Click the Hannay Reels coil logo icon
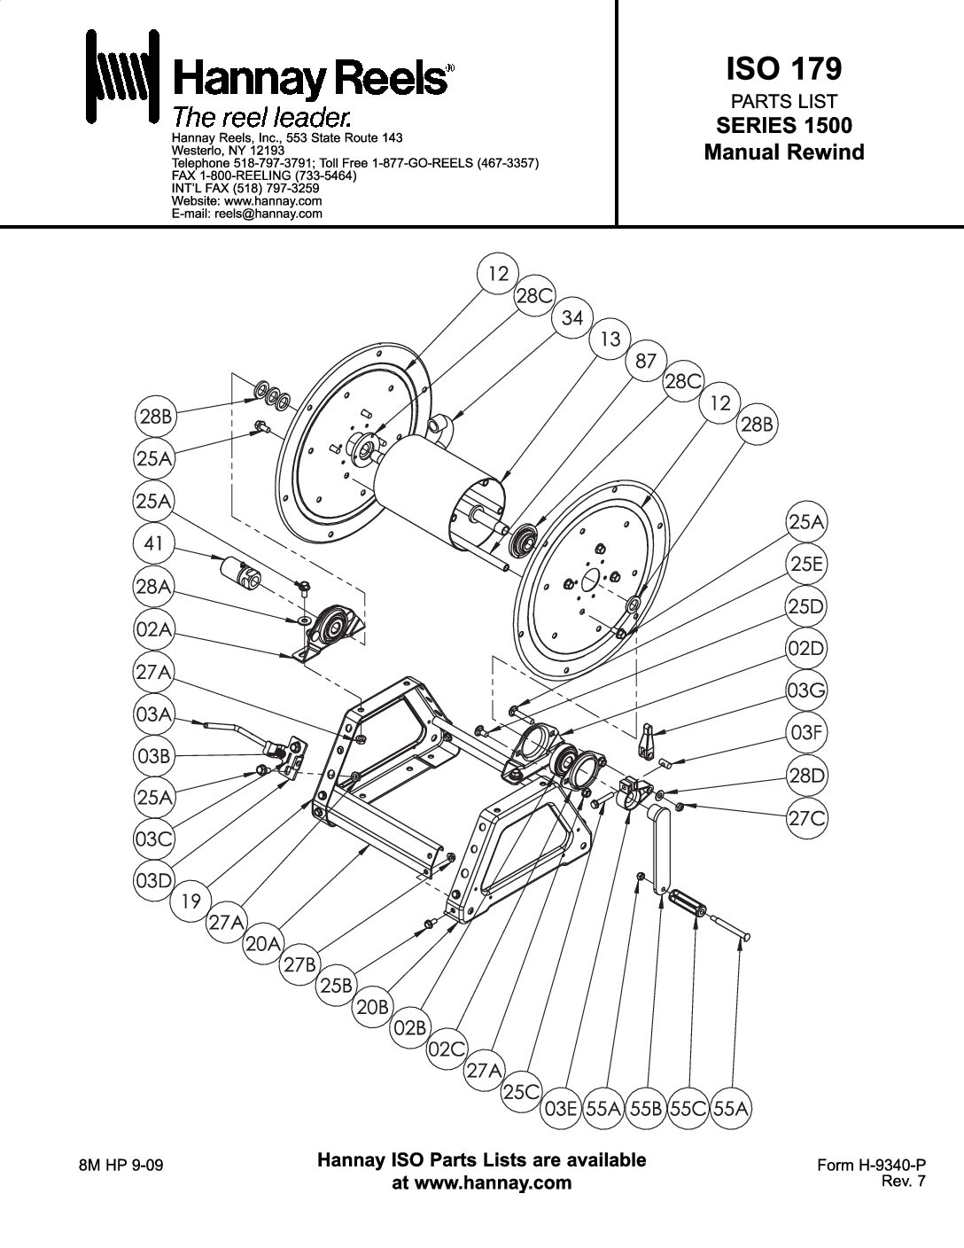coord(122,76)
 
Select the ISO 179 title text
coord(783,68)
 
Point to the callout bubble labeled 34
coord(572,317)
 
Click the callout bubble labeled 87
coord(646,361)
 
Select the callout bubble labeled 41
coord(153,543)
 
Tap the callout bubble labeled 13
coord(610,339)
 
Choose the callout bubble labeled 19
coord(190,901)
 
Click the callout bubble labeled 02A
coord(153,629)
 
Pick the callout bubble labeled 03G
coord(806,690)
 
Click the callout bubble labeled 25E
coord(806,564)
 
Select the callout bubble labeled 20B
coord(373,1007)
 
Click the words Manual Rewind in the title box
coord(783,152)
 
